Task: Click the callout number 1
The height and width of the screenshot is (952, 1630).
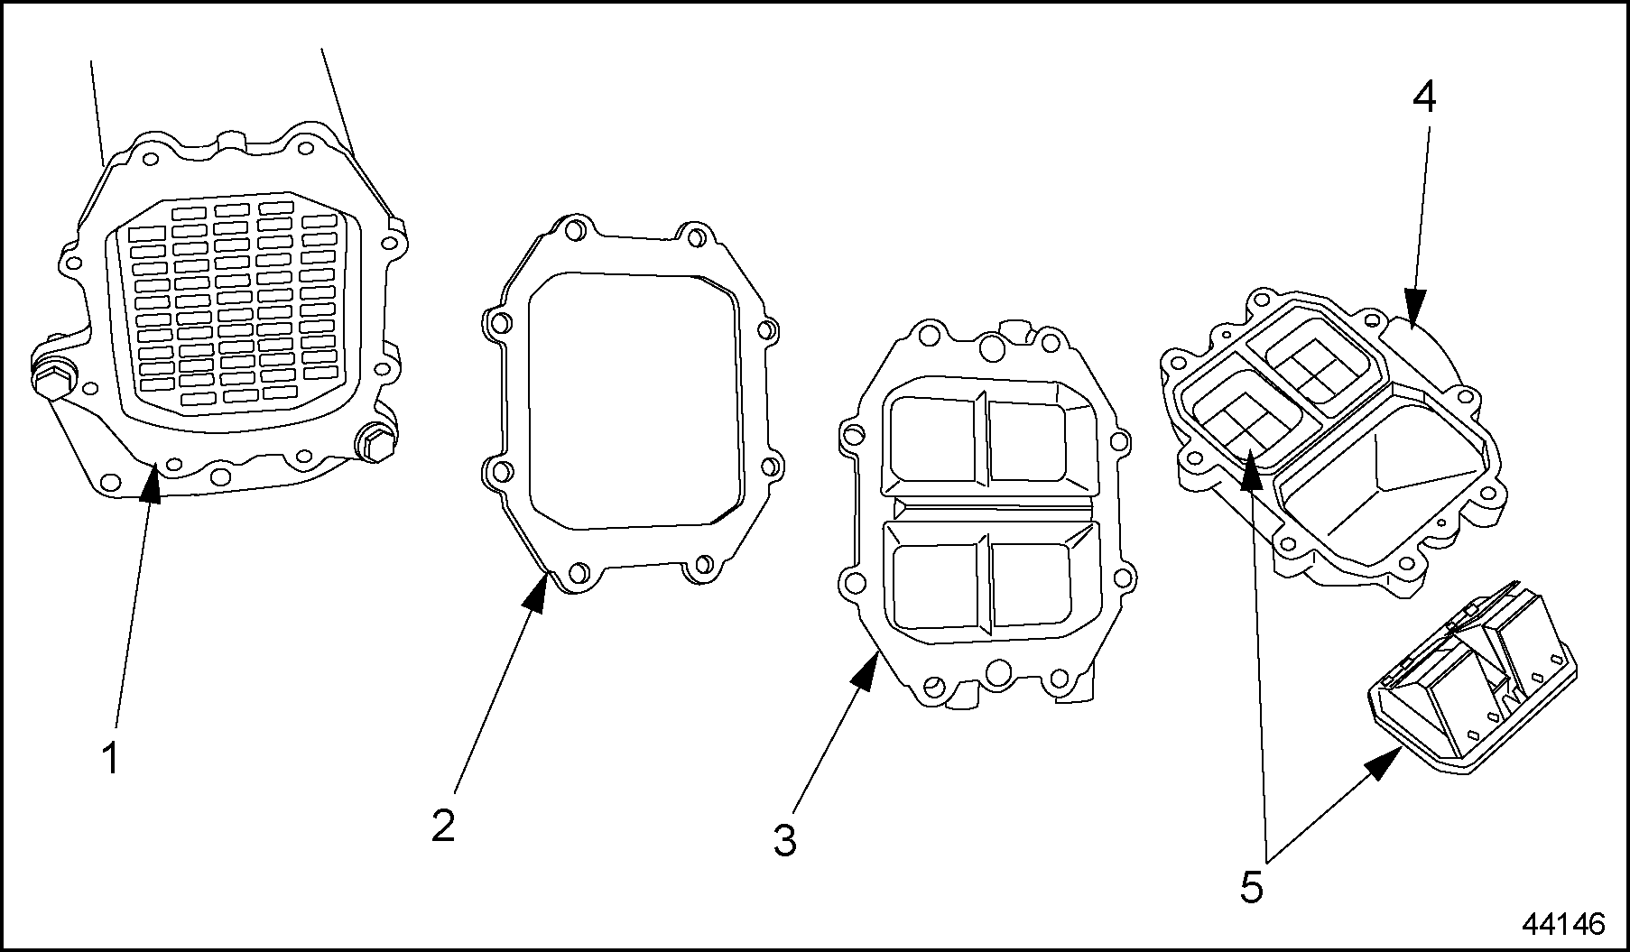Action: coord(109,759)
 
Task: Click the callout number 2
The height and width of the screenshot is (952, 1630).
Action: coord(442,826)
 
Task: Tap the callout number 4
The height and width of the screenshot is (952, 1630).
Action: coord(1423,97)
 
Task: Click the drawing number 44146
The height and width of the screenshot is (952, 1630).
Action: coord(1564,924)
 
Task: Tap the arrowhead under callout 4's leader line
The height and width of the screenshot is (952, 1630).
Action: coord(1412,318)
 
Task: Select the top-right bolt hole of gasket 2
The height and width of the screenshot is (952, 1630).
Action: coord(694,237)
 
